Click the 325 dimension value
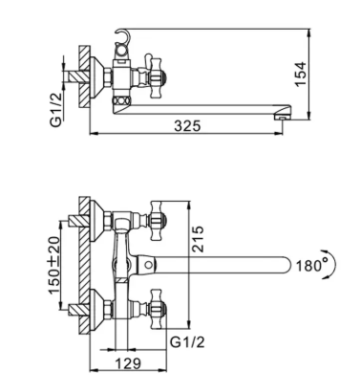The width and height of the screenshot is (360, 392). pyautogui.click(x=187, y=126)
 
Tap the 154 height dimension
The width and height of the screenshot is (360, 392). pyautogui.click(x=301, y=74)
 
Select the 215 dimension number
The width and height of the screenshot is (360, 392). pyautogui.click(x=198, y=239)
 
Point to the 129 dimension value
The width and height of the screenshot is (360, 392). pyautogui.click(x=127, y=363)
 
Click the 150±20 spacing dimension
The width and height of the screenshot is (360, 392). pyautogui.click(x=54, y=265)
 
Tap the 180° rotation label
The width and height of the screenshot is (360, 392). pyautogui.click(x=311, y=265)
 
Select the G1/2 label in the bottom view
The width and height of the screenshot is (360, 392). pyautogui.click(x=187, y=342)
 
